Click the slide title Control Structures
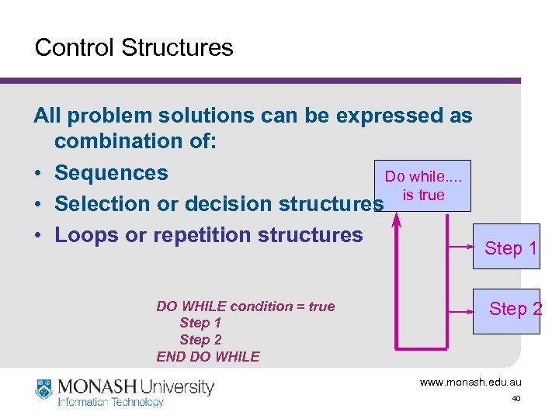click(134, 47)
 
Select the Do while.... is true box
click(423, 186)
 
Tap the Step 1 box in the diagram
click(510, 248)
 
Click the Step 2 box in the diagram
click(514, 309)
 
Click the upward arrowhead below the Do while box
click(397, 221)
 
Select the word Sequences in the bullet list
click(111, 172)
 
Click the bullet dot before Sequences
click(38, 173)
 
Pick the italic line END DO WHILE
click(208, 356)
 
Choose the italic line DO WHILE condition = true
click(245, 306)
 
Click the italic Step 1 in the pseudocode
click(200, 323)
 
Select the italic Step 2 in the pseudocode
click(200, 340)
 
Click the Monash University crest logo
click(43, 388)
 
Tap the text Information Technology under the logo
click(110, 402)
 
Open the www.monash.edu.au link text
click(470, 382)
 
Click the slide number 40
click(516, 399)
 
